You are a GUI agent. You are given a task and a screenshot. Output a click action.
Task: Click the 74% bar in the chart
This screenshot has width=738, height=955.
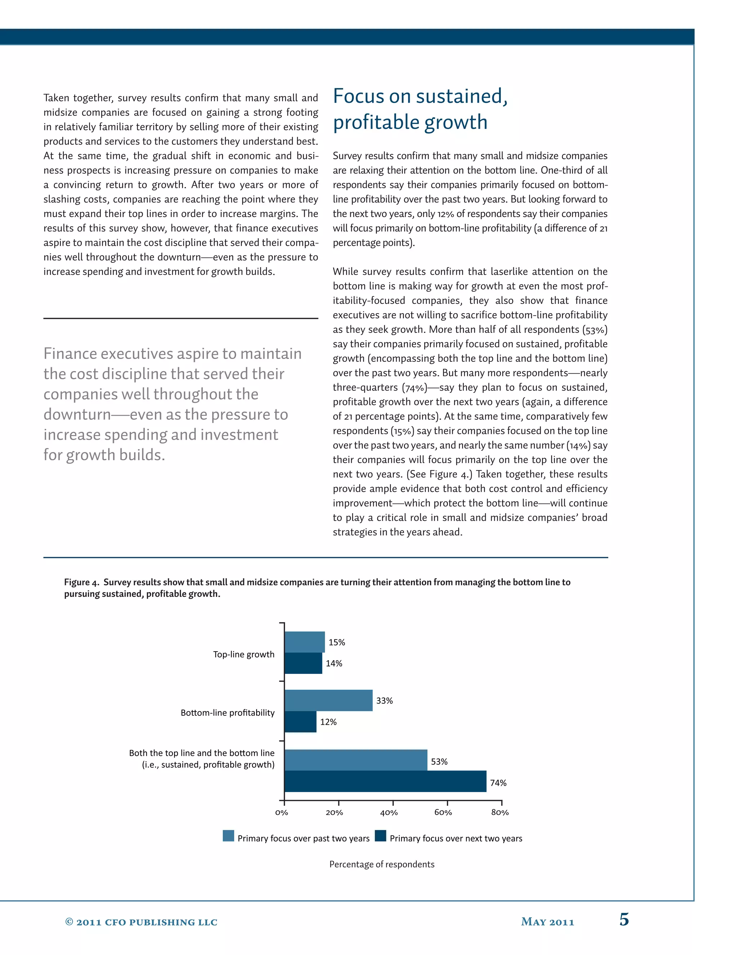coord(385,781)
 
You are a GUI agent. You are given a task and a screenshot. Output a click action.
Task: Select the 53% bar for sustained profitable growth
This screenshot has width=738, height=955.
coord(355,760)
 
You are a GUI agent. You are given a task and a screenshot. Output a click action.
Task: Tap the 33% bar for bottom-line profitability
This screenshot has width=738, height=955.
coord(328,701)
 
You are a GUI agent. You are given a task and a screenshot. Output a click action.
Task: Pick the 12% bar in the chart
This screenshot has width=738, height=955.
coord(300,722)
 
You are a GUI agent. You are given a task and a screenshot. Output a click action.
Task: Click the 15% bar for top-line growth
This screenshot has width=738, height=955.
coord(304,642)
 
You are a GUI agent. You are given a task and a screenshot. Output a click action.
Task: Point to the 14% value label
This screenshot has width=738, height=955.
coord(334,663)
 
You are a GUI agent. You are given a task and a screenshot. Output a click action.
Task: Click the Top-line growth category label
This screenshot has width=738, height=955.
coord(244,654)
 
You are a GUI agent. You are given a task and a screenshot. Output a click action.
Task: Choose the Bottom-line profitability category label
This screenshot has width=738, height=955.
coord(227,713)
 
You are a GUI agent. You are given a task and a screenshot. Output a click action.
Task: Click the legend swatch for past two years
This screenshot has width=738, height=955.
coord(228,836)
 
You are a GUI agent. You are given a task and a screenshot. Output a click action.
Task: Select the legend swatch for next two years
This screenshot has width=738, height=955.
coord(381,836)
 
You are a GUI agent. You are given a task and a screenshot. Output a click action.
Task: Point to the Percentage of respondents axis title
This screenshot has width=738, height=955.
coord(382,864)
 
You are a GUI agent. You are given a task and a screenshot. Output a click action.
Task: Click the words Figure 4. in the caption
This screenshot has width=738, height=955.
coord(82,582)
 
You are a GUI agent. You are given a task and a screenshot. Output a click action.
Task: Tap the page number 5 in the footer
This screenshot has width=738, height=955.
coord(624,920)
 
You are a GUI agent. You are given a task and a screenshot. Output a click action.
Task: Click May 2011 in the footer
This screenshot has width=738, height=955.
coord(547,922)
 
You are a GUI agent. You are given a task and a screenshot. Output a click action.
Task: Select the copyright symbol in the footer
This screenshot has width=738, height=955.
coord(69,922)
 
